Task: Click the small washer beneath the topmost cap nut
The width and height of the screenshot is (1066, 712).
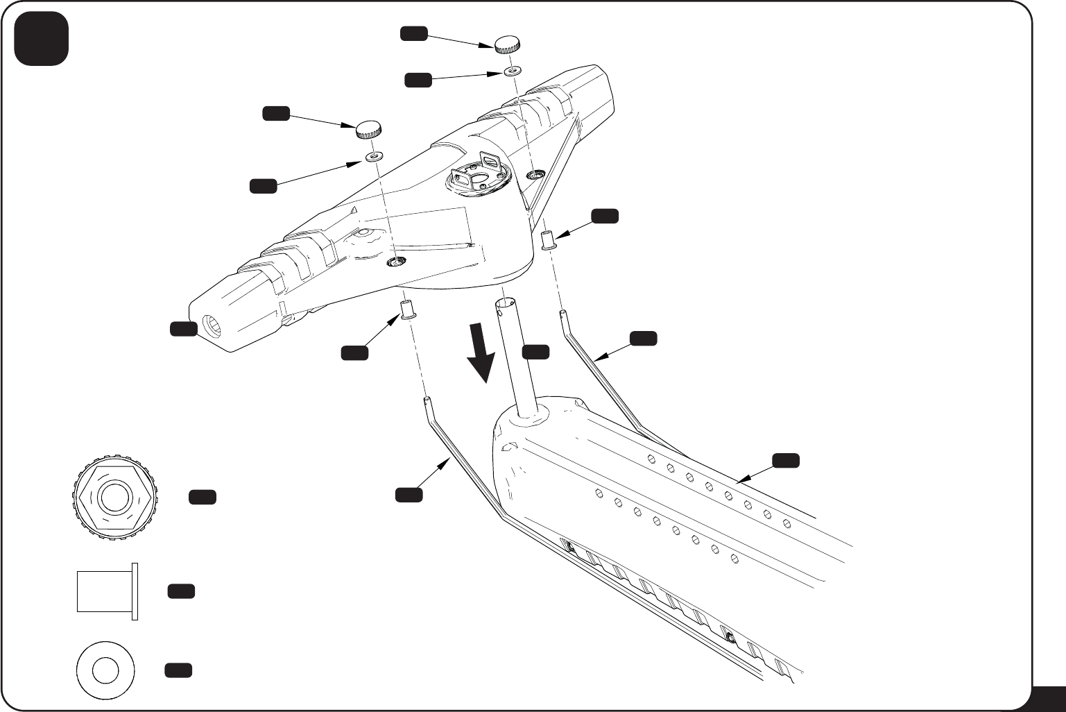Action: pyautogui.click(x=513, y=71)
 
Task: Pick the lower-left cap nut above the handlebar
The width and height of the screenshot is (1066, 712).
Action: pyautogui.click(x=369, y=128)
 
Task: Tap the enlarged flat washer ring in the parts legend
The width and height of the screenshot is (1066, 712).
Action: pyautogui.click(x=105, y=670)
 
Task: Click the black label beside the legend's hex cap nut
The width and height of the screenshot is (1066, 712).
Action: pyautogui.click(x=202, y=497)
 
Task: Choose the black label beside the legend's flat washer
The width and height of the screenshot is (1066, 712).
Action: pyautogui.click(x=178, y=670)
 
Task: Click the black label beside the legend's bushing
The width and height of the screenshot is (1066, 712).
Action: pyautogui.click(x=181, y=591)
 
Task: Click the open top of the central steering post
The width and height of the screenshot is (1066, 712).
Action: pyautogui.click(x=505, y=304)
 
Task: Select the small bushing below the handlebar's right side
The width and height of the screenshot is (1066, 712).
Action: pyautogui.click(x=547, y=241)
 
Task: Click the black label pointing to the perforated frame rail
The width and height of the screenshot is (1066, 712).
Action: pyautogui.click(x=786, y=460)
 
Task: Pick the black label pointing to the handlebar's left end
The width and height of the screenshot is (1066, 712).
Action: pyautogui.click(x=184, y=330)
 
